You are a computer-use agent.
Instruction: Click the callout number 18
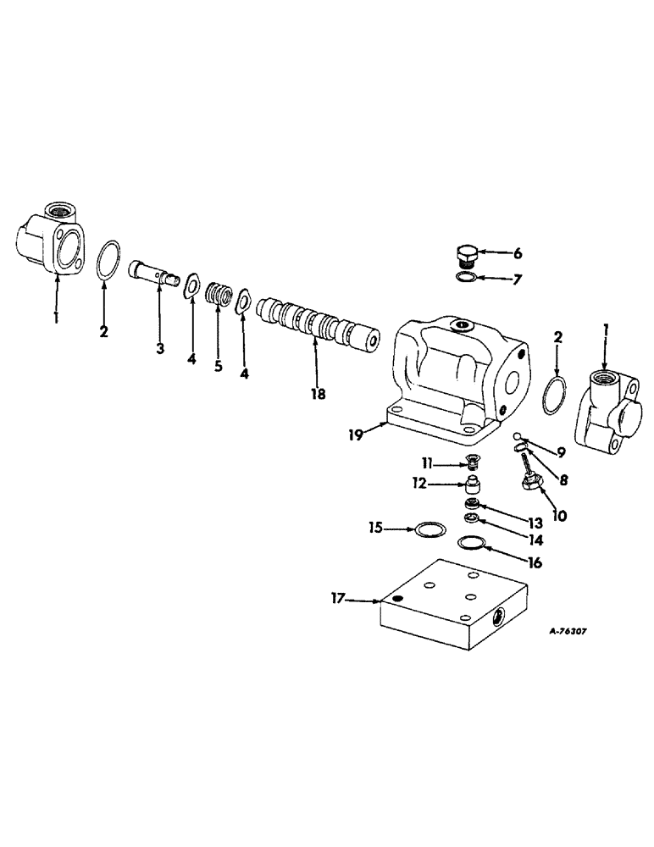[x=316, y=393]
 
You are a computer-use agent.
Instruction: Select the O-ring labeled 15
[x=430, y=530]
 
